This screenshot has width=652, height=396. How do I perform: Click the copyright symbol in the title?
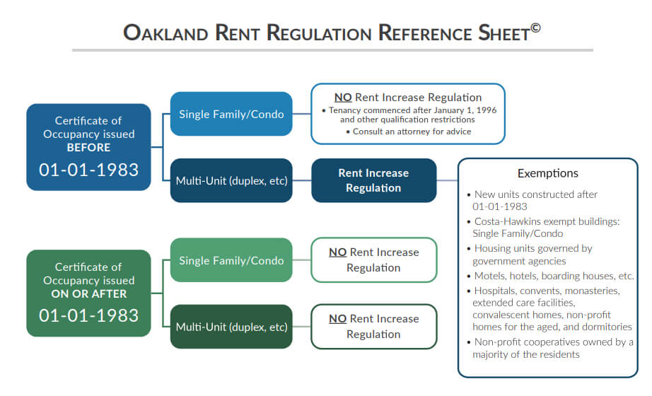[536, 28]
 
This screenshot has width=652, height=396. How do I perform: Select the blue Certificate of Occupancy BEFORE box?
[88, 147]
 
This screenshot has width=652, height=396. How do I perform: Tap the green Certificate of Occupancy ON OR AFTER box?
[88, 292]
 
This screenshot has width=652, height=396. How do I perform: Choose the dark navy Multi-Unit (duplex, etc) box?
[231, 180]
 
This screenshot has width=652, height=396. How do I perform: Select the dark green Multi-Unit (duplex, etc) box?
[231, 327]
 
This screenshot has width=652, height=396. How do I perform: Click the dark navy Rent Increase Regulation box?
[373, 180]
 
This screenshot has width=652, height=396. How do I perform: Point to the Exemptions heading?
[547, 173]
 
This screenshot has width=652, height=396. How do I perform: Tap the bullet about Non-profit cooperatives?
[552, 348]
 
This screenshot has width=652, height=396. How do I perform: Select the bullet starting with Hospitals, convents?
[552, 308]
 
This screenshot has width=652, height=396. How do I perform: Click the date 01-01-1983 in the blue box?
[88, 170]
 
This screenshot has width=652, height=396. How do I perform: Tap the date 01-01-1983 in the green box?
[88, 315]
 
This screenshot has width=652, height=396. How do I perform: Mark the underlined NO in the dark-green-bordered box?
[337, 319]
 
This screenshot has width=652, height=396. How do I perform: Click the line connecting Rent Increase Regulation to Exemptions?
[447, 180]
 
